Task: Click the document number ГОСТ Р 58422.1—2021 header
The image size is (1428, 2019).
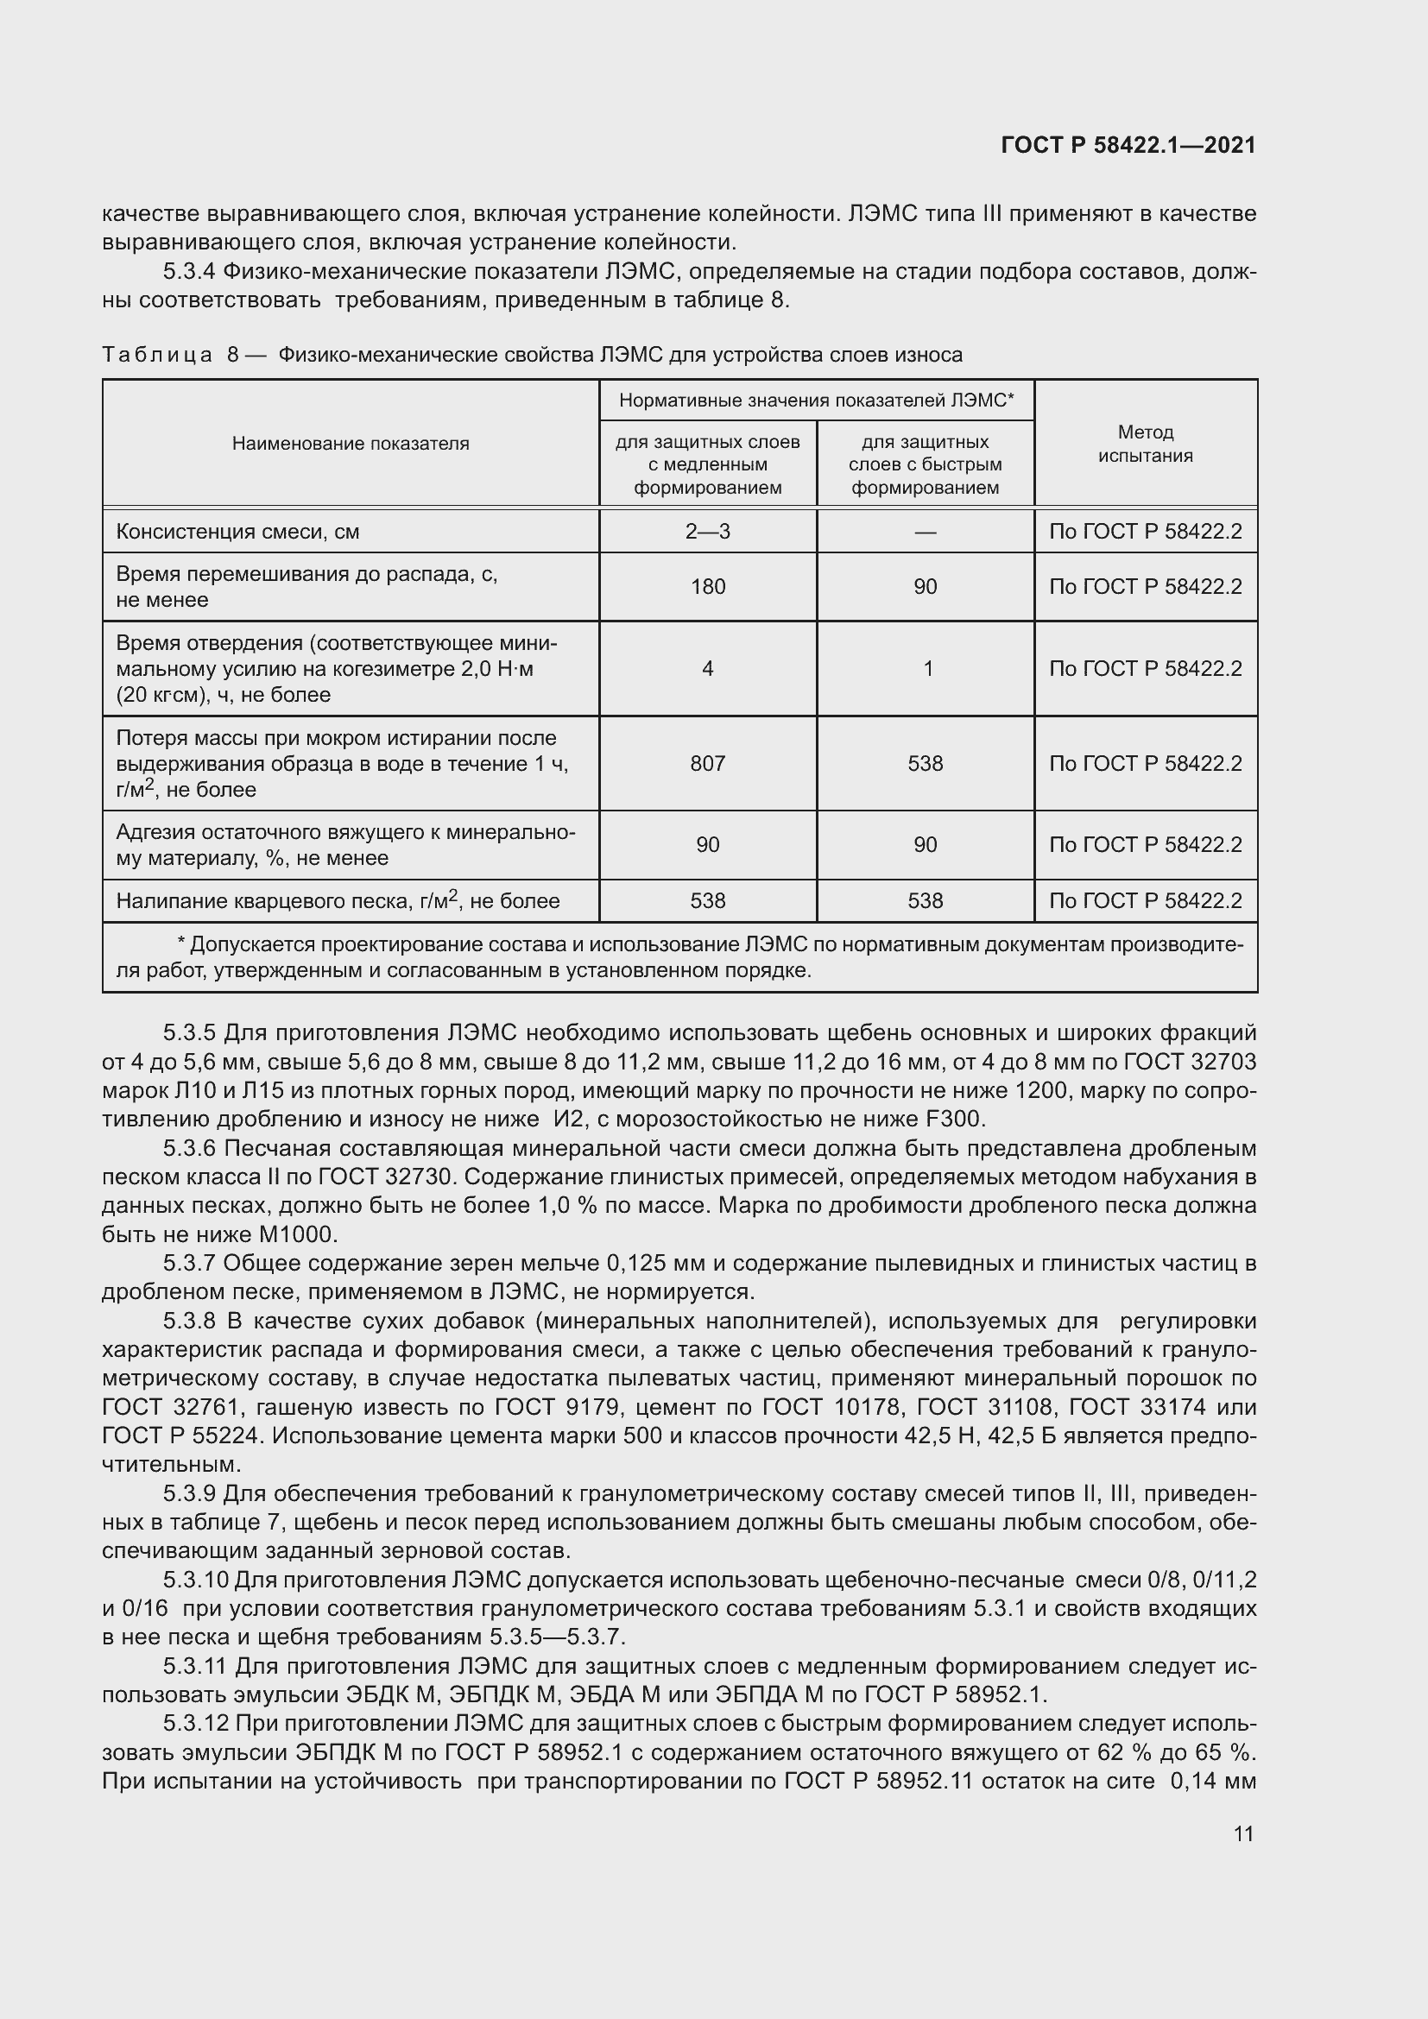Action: click(1128, 146)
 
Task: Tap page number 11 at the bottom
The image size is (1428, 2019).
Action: click(1242, 1834)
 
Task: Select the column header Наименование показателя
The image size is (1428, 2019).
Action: click(350, 444)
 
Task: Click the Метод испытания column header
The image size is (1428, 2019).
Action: click(1145, 444)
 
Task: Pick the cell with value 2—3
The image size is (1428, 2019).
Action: click(707, 532)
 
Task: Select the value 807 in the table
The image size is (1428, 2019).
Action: click(707, 763)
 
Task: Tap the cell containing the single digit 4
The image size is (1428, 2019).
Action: click(707, 669)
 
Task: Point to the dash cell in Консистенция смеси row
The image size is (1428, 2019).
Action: click(925, 532)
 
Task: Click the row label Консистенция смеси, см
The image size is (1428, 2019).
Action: click(237, 532)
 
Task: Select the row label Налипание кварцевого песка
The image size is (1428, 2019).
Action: click(338, 901)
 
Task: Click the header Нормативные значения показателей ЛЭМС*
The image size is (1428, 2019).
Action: click(816, 401)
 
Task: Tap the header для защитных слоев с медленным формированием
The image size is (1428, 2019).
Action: click(707, 464)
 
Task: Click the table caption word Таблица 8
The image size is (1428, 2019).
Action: click(170, 356)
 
